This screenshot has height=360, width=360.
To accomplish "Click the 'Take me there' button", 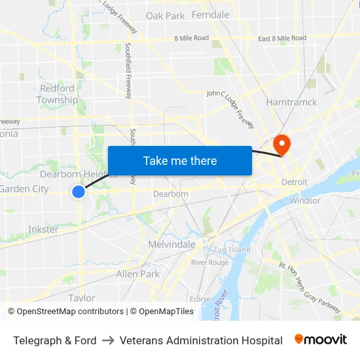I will click(x=180, y=160).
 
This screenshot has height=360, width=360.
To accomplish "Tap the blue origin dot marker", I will click(x=79, y=191).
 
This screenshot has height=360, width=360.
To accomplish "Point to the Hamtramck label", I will click(x=291, y=102).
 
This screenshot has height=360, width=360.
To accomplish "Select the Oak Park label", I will click(x=165, y=16).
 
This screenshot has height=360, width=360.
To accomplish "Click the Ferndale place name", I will click(x=211, y=14).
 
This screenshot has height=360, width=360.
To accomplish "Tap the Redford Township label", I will click(x=57, y=94).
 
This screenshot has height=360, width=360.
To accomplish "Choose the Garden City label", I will click(x=24, y=189).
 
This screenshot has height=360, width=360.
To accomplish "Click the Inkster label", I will click(x=43, y=229).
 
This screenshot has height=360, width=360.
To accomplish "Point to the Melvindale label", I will click(x=171, y=244).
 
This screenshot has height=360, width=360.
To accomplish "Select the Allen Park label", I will click(x=137, y=274).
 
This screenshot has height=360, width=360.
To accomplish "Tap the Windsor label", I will click(x=305, y=200).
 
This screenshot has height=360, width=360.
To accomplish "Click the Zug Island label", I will click(x=230, y=249).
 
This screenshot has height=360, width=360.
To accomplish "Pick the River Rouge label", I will click(x=209, y=262).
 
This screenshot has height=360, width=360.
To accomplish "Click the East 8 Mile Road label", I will click(x=281, y=38).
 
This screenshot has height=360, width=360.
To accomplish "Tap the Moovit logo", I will click(x=321, y=340).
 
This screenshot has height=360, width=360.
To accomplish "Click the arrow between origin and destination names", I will click(x=109, y=340).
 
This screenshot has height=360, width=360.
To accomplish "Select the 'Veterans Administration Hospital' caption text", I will click(x=201, y=340).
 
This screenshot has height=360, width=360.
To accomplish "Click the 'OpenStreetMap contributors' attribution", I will click(x=69, y=312).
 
